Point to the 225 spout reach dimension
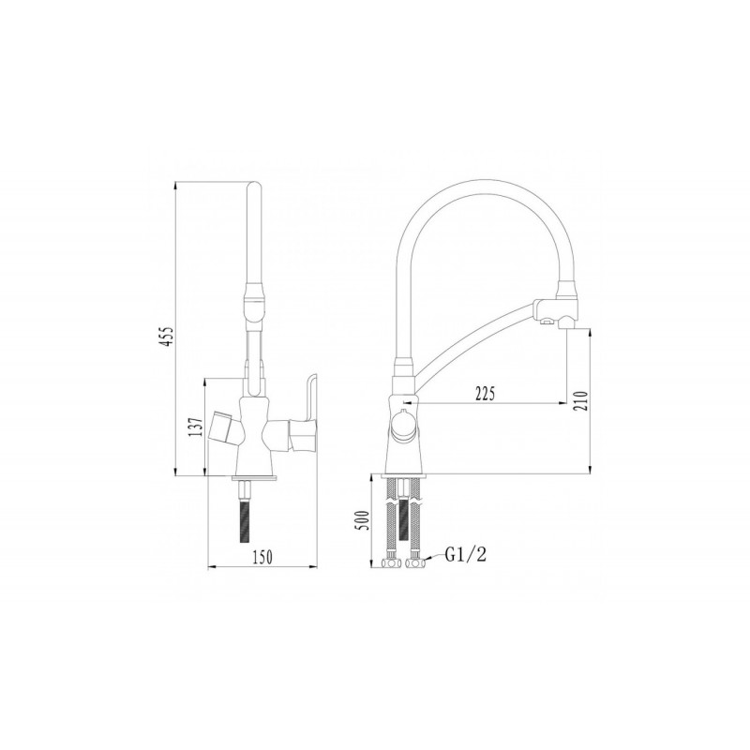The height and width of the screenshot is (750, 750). point(484,392)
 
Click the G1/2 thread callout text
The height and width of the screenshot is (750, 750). point(466,555)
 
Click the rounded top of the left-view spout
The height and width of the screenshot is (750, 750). point(254,192)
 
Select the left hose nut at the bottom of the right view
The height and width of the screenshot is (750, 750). point(390,563)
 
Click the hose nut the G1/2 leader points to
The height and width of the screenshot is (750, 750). point(414,563)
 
